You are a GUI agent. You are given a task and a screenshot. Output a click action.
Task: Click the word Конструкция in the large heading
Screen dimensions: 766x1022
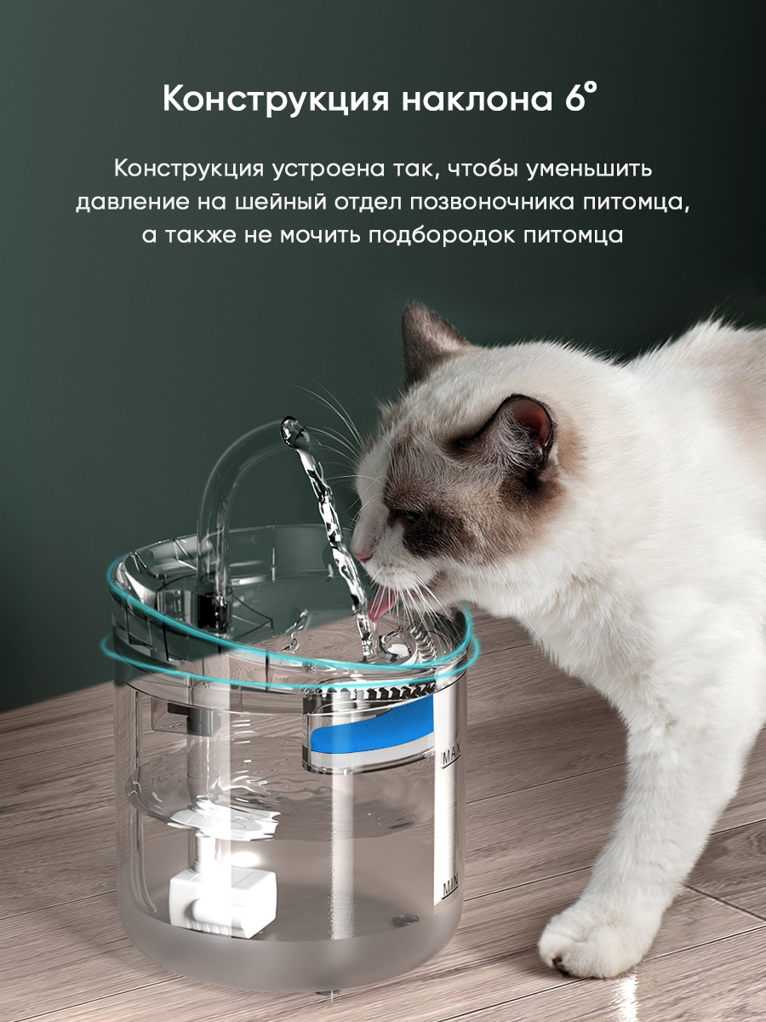275,99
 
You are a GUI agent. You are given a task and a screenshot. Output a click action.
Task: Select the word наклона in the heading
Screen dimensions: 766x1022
477,100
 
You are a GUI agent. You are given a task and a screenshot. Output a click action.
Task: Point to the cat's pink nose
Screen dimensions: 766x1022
362,555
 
